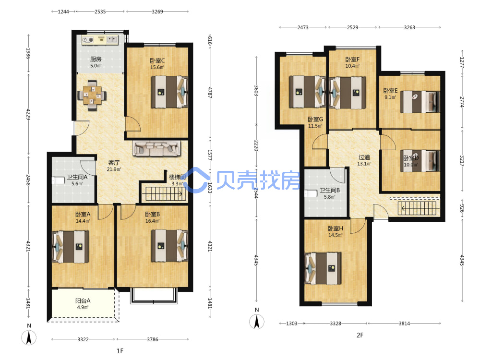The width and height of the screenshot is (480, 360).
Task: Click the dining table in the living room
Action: [92, 95]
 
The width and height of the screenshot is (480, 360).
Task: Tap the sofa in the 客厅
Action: [157, 148]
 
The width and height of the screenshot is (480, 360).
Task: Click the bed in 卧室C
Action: [169, 92]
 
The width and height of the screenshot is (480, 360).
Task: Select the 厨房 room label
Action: [96, 59]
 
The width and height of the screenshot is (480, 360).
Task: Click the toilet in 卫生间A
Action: [58, 180]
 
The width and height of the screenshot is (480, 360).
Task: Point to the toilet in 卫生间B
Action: [311, 193]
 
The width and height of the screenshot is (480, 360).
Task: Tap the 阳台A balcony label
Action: [83, 300]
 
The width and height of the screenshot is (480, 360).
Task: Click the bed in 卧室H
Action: [323, 268]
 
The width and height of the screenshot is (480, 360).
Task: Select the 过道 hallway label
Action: [364, 157]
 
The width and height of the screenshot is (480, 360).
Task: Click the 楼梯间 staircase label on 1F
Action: [177, 177]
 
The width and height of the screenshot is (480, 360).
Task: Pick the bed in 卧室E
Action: [420, 102]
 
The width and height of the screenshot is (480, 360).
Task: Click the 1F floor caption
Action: [120, 351]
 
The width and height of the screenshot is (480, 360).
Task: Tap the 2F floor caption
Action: [360, 335]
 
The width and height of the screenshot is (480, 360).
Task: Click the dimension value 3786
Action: [153, 339]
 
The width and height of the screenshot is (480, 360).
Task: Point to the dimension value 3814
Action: [404, 323]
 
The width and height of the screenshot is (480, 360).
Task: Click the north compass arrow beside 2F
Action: [256, 322]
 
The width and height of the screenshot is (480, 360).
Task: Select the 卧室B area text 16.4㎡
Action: [153, 221]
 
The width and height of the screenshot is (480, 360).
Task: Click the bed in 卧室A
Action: [71, 247]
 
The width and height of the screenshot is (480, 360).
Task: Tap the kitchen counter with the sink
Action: [100, 40]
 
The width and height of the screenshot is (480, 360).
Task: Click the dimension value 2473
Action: [303, 27]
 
